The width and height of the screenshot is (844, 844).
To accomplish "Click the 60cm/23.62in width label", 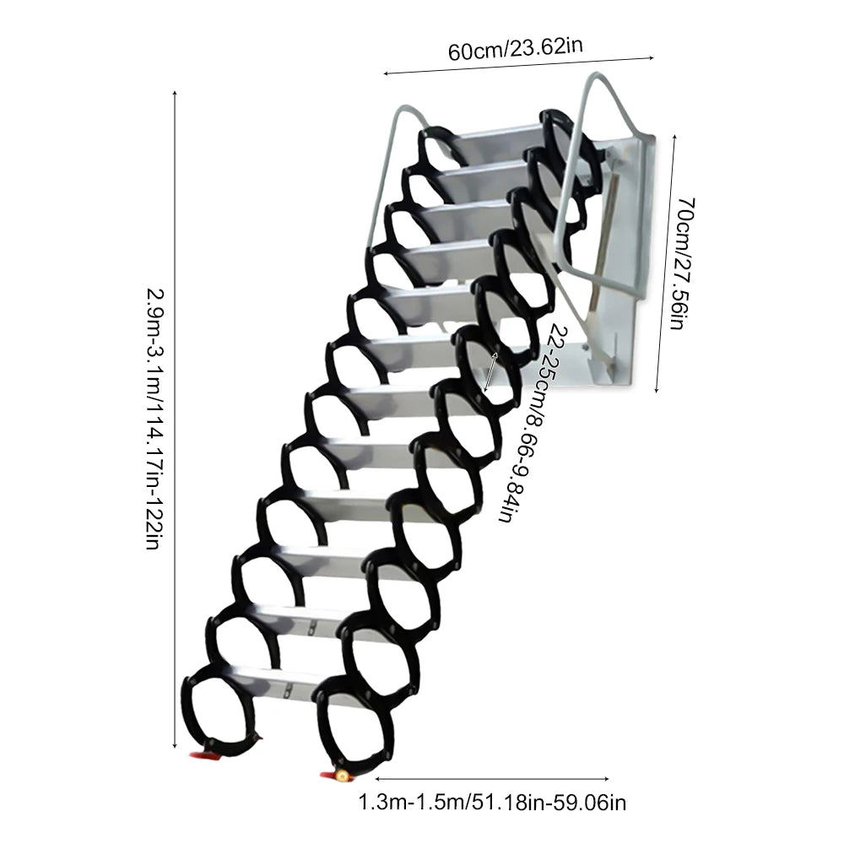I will tap(515, 48).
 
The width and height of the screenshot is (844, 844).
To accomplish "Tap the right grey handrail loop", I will tap(591, 169).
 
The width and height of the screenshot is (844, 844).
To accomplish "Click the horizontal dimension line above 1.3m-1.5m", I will tap(492, 778).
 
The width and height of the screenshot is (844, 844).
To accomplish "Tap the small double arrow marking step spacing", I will tap(491, 371).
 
